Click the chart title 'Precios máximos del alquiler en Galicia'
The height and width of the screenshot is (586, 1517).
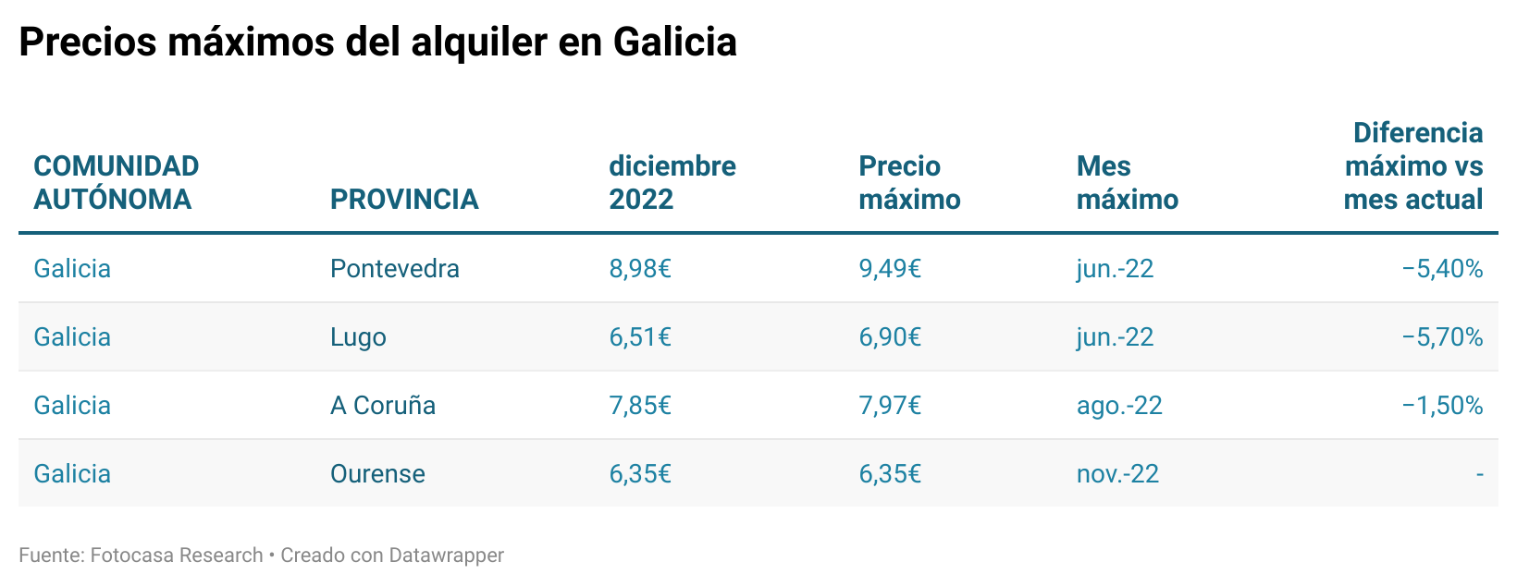[377, 43]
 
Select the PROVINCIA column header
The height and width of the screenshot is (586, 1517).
[404, 200]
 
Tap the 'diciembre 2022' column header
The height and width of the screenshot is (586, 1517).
[672, 183]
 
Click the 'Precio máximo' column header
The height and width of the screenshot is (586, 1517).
[909, 183]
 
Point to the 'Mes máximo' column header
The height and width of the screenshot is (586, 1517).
[1127, 183]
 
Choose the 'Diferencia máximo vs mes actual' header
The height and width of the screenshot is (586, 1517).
[1412, 166]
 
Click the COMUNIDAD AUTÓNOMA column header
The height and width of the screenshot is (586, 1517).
[116, 183]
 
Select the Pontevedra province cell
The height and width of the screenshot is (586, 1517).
[394, 269]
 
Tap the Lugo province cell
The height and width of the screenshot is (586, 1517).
[358, 337]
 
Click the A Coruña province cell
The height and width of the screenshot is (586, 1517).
[382, 406]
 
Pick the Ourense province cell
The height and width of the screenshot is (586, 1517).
[377, 474]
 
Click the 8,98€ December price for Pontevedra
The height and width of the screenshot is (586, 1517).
[639, 269]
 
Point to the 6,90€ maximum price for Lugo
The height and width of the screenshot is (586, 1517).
[889, 337]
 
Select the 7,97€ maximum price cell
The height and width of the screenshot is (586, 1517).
[889, 406]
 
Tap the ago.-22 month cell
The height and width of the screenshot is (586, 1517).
[1118, 406]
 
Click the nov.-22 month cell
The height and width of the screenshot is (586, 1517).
[1116, 474]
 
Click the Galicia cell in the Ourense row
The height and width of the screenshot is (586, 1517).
[72, 474]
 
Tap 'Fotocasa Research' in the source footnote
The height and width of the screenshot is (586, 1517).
[177, 555]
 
